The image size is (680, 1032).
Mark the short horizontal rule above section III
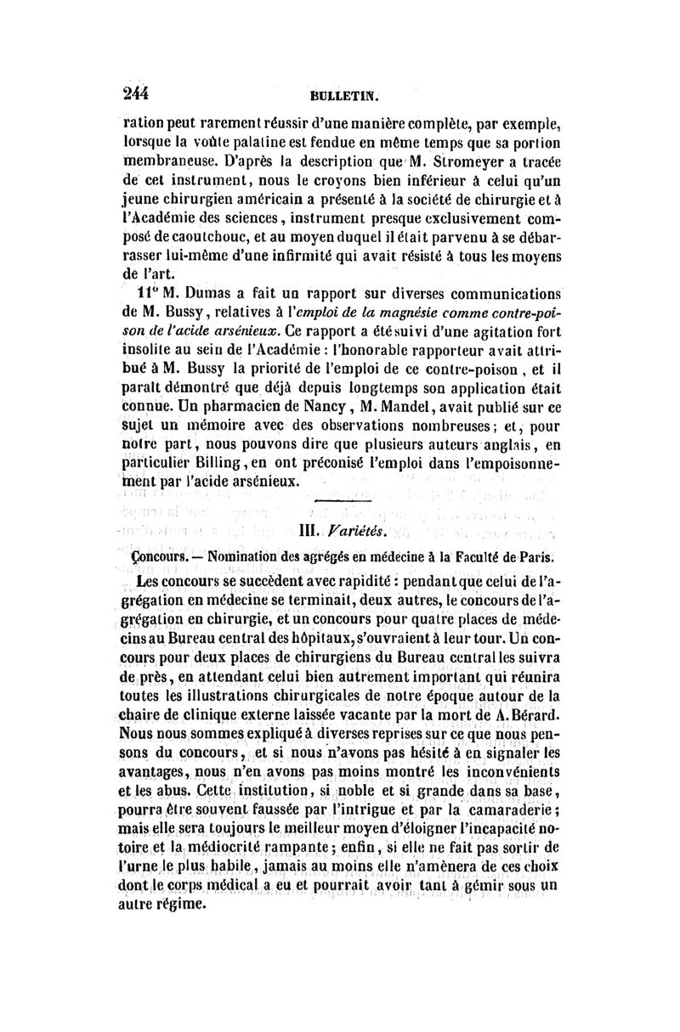[339, 506]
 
